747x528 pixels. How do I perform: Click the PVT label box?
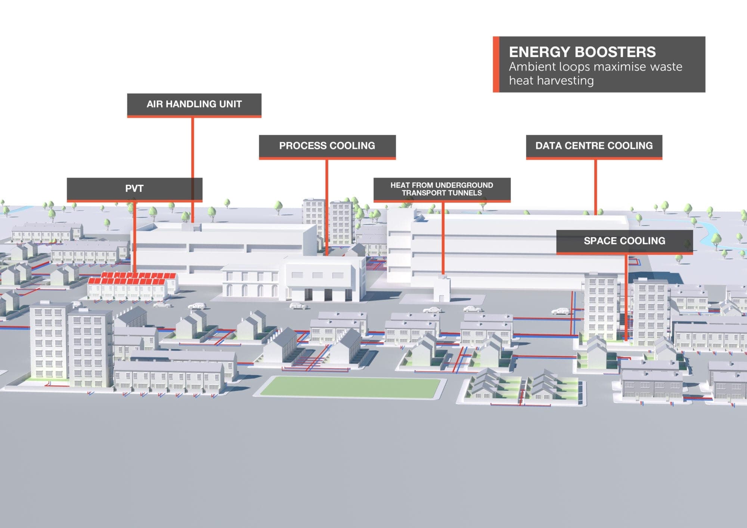tap(134, 189)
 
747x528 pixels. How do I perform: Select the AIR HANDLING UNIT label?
tap(194, 104)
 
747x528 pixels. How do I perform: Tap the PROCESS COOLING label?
tap(327, 146)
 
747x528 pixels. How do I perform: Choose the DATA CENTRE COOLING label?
tap(594, 146)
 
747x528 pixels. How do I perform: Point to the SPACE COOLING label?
tap(624, 241)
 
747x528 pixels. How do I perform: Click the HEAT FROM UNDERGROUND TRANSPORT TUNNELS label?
tap(441, 189)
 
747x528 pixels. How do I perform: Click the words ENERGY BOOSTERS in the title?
tap(582, 52)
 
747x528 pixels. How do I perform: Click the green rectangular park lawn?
tap(350, 386)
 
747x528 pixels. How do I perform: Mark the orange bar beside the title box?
tap(496, 64)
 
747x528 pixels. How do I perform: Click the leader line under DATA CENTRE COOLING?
tap(595, 187)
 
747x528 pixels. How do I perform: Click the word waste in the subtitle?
tap(666, 67)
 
